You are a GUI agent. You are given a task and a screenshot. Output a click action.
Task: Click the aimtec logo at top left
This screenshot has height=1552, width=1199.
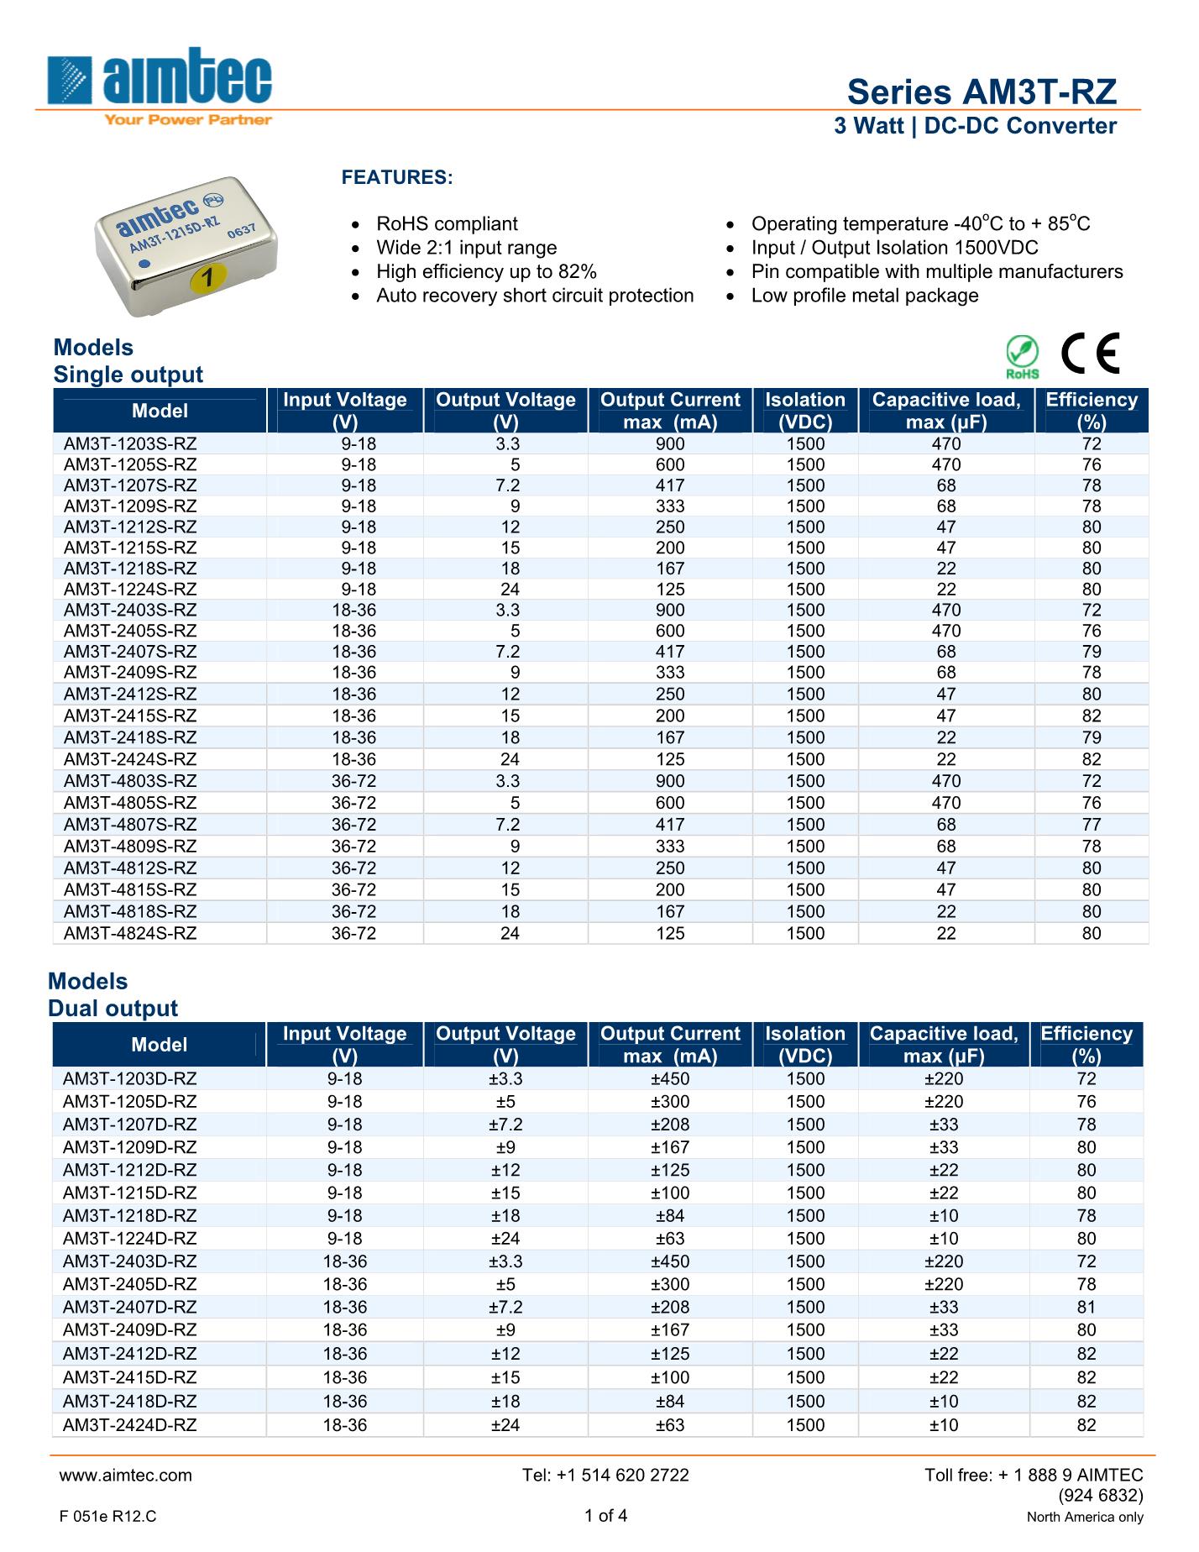pos(160,84)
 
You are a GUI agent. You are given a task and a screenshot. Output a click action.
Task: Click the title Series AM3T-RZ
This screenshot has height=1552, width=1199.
pos(982,92)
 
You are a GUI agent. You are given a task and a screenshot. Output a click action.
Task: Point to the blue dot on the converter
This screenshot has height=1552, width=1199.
pos(144,264)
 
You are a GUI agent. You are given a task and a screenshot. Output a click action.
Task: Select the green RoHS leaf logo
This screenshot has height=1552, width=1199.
pos(1023,356)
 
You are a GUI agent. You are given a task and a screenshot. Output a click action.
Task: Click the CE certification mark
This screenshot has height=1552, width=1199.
pos(1091,354)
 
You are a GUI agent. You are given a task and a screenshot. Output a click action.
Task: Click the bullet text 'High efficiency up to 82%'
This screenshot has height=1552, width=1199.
pos(486,271)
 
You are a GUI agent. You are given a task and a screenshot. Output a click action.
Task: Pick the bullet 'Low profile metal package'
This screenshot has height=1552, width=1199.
pos(864,296)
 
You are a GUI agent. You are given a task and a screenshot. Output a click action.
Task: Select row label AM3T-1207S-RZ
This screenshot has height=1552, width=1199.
pos(130,485)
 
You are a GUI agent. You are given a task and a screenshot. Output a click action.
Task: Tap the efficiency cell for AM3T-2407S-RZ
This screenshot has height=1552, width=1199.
pos(1091,652)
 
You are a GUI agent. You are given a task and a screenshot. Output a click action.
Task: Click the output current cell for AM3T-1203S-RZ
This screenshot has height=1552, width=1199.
pos(670,444)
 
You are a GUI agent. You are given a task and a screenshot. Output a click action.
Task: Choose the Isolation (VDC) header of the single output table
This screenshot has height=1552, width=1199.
pos(804,410)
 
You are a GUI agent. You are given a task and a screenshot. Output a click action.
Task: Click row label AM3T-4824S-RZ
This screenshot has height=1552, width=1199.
pos(130,933)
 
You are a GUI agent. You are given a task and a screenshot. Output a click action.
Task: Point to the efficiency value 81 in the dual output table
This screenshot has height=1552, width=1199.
pos(1086,1307)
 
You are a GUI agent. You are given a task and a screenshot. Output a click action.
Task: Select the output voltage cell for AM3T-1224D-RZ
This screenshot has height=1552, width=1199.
pos(505,1238)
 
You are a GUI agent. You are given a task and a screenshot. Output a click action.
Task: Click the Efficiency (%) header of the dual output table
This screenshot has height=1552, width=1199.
pos(1086,1044)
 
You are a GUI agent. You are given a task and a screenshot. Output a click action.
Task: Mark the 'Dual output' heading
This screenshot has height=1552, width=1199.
pos(113,1008)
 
